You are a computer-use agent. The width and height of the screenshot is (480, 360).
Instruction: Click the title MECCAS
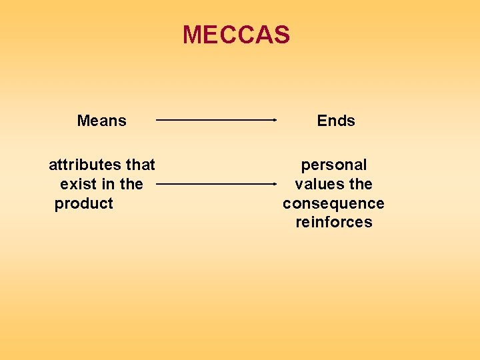[x=237, y=35]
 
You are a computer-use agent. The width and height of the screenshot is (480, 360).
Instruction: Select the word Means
[x=101, y=121]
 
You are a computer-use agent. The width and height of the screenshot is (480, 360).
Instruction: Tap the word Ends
[x=336, y=121]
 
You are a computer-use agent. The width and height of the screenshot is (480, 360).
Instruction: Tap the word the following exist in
[x=131, y=184]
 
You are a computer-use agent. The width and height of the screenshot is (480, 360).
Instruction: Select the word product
[x=84, y=203]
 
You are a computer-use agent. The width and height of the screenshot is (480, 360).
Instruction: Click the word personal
[x=334, y=165]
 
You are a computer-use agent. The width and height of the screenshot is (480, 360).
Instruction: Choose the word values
[x=318, y=184]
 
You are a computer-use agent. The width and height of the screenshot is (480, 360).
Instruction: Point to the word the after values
[x=360, y=184]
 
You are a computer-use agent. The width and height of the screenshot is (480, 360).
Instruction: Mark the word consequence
[x=333, y=203]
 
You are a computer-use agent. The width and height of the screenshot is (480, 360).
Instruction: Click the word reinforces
[x=334, y=223]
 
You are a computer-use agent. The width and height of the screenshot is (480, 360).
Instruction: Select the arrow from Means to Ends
[x=215, y=120]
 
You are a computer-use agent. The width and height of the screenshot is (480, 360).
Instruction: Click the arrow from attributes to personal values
[x=215, y=183]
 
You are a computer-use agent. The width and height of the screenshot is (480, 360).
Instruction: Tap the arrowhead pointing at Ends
[x=274, y=120]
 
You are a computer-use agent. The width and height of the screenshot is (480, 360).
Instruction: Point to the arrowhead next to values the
[x=274, y=183]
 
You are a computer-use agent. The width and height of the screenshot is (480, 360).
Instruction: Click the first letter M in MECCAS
[x=192, y=35]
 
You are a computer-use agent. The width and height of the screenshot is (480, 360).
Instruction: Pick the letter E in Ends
[x=322, y=121]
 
